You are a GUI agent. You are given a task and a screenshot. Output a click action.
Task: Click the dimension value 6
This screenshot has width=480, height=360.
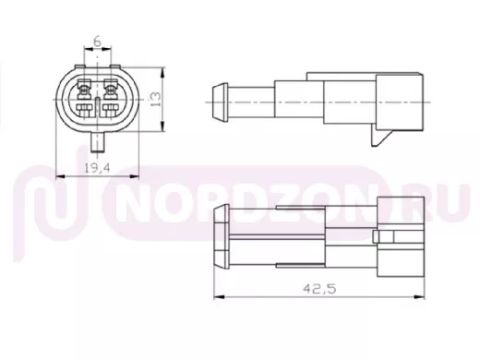pyautogui.click(x=97, y=41)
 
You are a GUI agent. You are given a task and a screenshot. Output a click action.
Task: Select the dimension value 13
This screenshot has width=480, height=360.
pyautogui.click(x=156, y=99)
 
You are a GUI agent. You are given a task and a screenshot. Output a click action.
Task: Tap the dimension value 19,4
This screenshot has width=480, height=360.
pyautogui.click(x=97, y=168)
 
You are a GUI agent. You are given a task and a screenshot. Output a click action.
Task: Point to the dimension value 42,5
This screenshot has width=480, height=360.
pyautogui.click(x=319, y=289)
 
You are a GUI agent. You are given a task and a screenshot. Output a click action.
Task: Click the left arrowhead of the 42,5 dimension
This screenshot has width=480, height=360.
pyautogui.click(x=219, y=297)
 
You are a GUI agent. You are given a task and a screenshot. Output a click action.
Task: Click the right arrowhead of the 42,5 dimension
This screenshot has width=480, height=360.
pyautogui.click(x=420, y=297)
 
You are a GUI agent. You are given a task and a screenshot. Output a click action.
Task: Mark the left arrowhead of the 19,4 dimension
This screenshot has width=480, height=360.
pyautogui.click(x=61, y=176)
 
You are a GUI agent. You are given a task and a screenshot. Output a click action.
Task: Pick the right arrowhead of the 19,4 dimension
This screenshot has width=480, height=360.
pyautogui.click(x=135, y=176)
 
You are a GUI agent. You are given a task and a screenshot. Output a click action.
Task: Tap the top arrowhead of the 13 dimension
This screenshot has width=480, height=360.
pyautogui.click(x=162, y=72)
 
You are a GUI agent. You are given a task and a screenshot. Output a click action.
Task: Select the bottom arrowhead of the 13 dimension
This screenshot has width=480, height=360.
pyautogui.click(x=162, y=126)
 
